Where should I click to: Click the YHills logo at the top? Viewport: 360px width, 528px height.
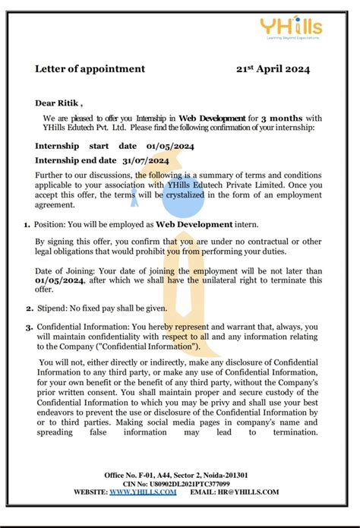click(x=301, y=30)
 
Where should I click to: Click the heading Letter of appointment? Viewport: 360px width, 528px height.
click(x=90, y=69)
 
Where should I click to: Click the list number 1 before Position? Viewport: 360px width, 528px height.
click(x=27, y=225)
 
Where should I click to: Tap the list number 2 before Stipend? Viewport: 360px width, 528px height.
click(x=29, y=308)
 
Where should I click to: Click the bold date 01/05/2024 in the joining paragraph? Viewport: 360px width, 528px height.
click(x=59, y=280)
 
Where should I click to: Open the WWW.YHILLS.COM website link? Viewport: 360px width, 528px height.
click(x=143, y=492)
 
